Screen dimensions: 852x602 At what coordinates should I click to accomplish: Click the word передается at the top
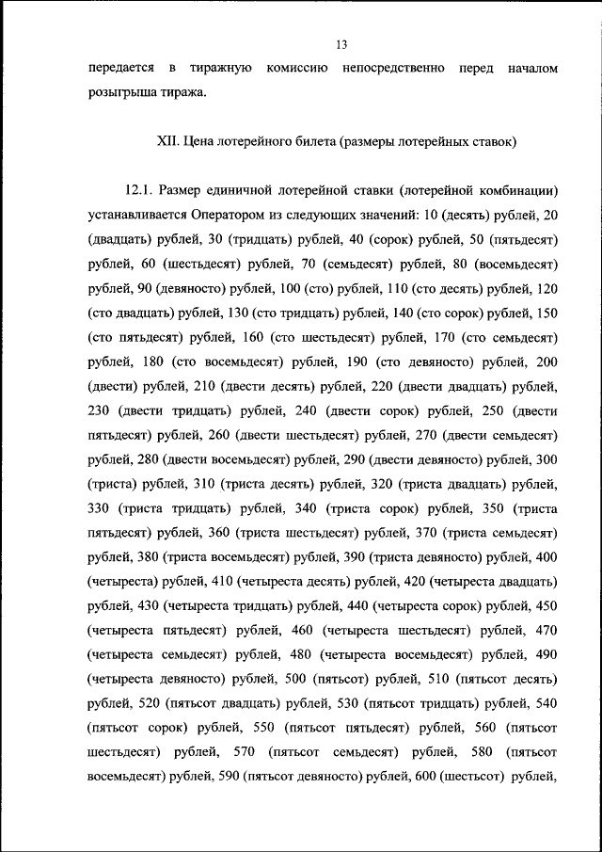pyautogui.click(x=119, y=69)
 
